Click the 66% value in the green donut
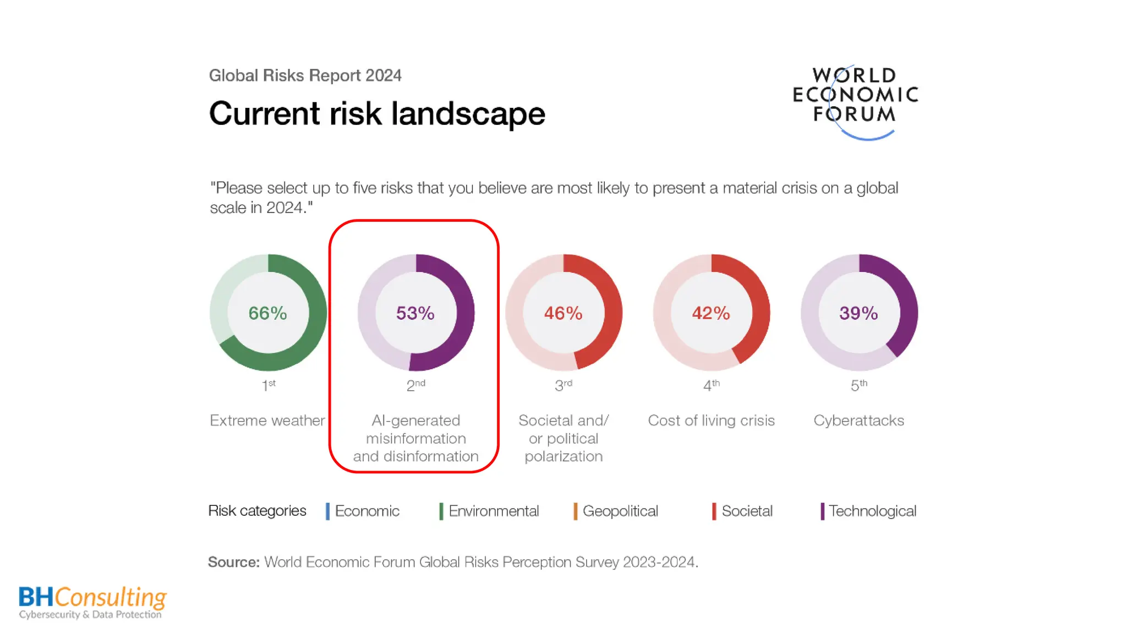point(267,313)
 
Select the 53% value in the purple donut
point(415,313)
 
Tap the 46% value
point(563,313)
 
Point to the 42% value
point(711,313)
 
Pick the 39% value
point(858,313)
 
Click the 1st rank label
point(269,385)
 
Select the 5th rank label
point(858,385)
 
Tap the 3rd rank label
point(563,385)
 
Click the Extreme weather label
point(267,420)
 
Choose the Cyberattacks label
point(858,420)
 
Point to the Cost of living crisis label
point(711,420)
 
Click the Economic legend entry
point(367,511)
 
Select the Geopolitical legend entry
point(620,511)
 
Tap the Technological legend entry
point(872,511)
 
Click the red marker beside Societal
point(714,511)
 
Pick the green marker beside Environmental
point(441,511)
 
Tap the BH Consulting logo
point(92,602)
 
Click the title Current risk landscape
point(377,114)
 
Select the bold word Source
point(233,562)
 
